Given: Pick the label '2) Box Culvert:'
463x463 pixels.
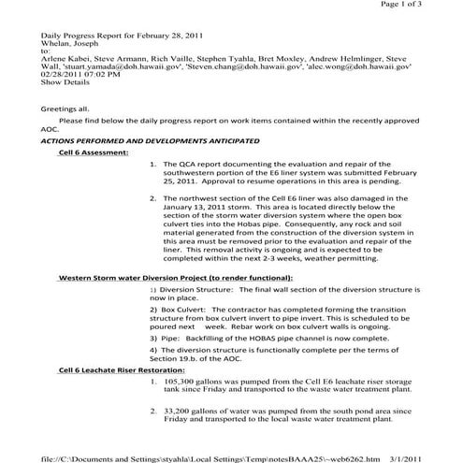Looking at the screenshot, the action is pos(181,305).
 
